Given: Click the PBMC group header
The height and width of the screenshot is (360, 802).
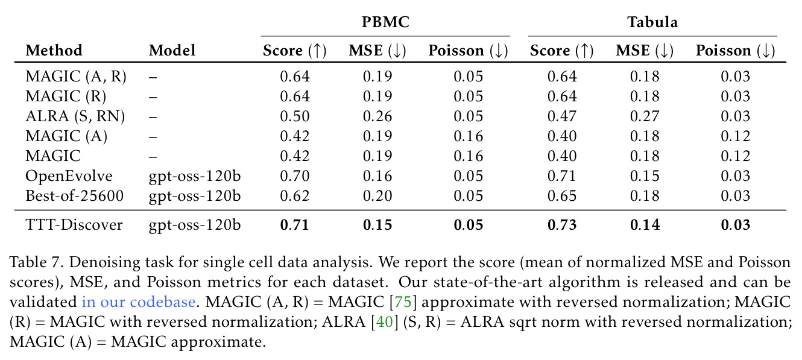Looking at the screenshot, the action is point(385,22).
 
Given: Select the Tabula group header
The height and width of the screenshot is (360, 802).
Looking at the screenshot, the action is point(652,22).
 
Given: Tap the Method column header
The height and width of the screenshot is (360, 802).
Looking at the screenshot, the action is point(54,50).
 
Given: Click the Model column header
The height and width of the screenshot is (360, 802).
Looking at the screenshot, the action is point(172,50).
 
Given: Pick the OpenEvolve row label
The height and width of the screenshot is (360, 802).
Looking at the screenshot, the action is point(69,176).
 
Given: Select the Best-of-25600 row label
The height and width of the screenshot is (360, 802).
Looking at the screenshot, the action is point(75,195).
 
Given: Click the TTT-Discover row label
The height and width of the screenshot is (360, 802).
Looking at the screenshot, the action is point(74,224).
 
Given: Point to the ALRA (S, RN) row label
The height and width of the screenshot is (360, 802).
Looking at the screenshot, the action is point(75,116).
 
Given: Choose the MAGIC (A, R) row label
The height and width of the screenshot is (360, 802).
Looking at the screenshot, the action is point(76,77).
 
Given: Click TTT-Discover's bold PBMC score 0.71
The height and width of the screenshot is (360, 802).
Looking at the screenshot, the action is point(295,224).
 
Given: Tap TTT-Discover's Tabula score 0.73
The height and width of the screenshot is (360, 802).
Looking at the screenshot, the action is point(562,224).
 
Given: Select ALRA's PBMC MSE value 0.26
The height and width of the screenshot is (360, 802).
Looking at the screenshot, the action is point(377,116).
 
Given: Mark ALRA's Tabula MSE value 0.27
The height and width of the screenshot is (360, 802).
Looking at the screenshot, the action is point(645,116).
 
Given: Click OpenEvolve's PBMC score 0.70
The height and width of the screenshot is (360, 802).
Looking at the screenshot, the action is point(295,176).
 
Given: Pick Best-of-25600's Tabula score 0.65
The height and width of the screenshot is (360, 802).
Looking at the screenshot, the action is point(562,195).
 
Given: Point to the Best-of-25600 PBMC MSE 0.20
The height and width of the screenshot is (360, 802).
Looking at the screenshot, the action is point(377,195).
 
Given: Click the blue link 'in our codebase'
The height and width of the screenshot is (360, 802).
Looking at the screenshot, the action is point(139,302).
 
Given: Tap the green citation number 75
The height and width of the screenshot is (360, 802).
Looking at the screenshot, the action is point(403,302).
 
